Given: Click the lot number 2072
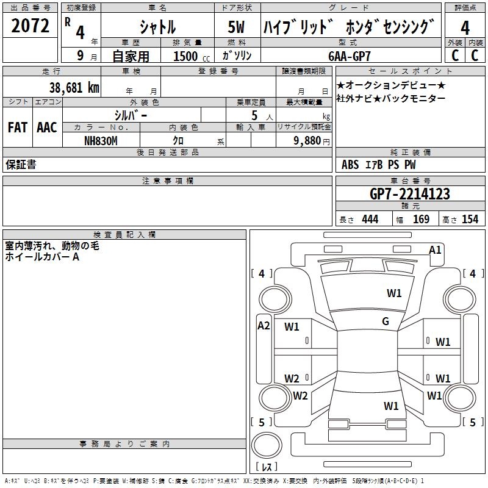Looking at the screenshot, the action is [x=30, y=26].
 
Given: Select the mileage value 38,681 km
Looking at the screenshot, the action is [x=74, y=88].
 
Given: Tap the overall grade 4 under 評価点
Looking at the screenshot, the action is [x=465, y=27].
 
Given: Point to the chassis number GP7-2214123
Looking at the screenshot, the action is [x=410, y=194].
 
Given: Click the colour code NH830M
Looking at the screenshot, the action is [x=101, y=141].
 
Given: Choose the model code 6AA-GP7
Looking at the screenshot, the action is [x=350, y=56].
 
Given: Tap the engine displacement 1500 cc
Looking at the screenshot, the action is [x=192, y=56].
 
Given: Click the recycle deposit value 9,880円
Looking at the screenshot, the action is [x=312, y=141].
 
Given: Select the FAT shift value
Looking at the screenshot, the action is [x=18, y=127].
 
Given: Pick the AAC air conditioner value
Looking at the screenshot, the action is [x=47, y=127].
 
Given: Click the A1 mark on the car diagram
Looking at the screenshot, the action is [x=435, y=250].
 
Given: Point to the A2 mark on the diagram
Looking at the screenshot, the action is [x=264, y=326].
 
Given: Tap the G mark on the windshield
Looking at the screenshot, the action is [x=386, y=321].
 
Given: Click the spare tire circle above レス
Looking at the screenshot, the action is [x=267, y=445].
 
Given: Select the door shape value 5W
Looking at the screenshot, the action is [x=236, y=27].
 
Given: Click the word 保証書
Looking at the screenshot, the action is [x=21, y=165].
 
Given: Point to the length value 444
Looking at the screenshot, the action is [x=370, y=220].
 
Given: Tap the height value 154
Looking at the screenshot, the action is [x=470, y=220].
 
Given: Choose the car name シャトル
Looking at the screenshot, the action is [x=158, y=27].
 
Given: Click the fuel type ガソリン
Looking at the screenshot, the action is [x=237, y=56].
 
